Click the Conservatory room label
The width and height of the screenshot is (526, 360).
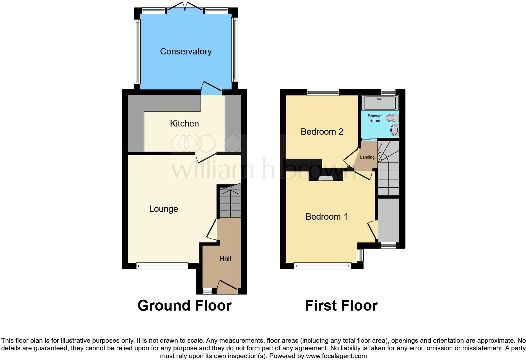186,52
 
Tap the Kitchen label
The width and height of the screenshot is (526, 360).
184,124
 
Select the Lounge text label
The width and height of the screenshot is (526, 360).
163,209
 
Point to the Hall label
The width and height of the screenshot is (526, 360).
225,259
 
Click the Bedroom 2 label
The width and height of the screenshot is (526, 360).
322,132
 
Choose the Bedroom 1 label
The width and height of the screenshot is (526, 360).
326,217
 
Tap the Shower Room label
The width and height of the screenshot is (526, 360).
375,118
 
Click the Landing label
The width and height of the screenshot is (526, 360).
367,157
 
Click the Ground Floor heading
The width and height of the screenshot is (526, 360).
185,306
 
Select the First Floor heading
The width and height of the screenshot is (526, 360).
341,306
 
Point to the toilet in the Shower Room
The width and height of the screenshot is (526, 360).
392,118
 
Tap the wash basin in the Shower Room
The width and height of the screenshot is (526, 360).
395,130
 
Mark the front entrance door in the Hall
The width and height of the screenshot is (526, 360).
227,286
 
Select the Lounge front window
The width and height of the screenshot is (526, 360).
162,266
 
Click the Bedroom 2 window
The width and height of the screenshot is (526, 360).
323,92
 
